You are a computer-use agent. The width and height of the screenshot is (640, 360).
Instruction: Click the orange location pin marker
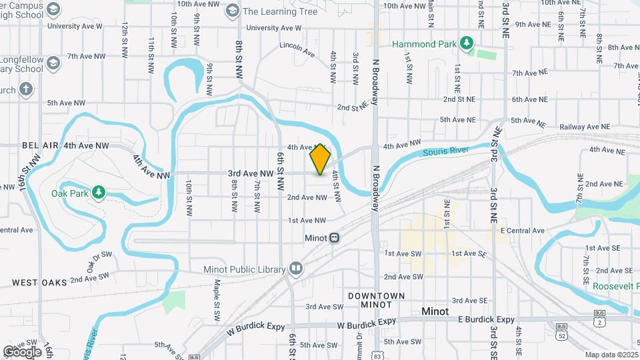pos(321,159)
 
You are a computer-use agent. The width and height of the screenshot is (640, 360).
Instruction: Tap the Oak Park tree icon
pos(99,193)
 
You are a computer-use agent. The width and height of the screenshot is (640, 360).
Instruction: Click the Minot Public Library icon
pos(296,269)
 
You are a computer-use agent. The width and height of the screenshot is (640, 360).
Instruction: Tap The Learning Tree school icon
pos(232,11)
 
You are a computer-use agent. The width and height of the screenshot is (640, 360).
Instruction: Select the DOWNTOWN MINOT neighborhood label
pos(377,299)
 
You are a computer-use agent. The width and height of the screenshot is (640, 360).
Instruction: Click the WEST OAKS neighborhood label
pos(40,283)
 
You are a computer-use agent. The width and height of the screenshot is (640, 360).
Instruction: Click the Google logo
pos(22,351)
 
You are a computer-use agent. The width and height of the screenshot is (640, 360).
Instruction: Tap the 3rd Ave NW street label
pos(251,173)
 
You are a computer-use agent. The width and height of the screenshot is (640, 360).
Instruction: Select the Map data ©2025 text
pos(611,355)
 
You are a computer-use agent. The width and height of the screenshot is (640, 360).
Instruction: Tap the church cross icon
pos(26,89)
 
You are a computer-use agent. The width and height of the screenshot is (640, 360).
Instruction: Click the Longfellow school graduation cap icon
pos(54,63)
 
